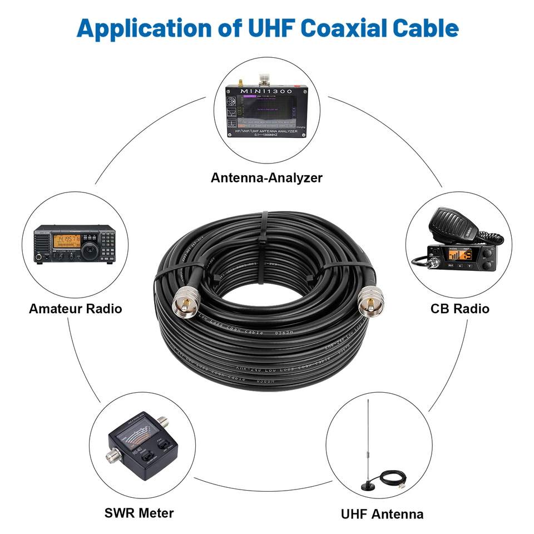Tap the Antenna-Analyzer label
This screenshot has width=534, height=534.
pyautogui.click(x=266, y=178)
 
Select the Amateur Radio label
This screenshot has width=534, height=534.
pyautogui.click(x=75, y=308)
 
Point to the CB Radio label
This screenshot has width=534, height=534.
pyautogui.click(x=459, y=308)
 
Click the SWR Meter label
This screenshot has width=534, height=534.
pyautogui.click(x=139, y=513)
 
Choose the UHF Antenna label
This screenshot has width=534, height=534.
pyautogui.click(x=382, y=514)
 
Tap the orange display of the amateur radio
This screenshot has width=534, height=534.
pyautogui.click(x=67, y=240)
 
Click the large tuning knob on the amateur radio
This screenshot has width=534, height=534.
pyautogui.click(x=89, y=252)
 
